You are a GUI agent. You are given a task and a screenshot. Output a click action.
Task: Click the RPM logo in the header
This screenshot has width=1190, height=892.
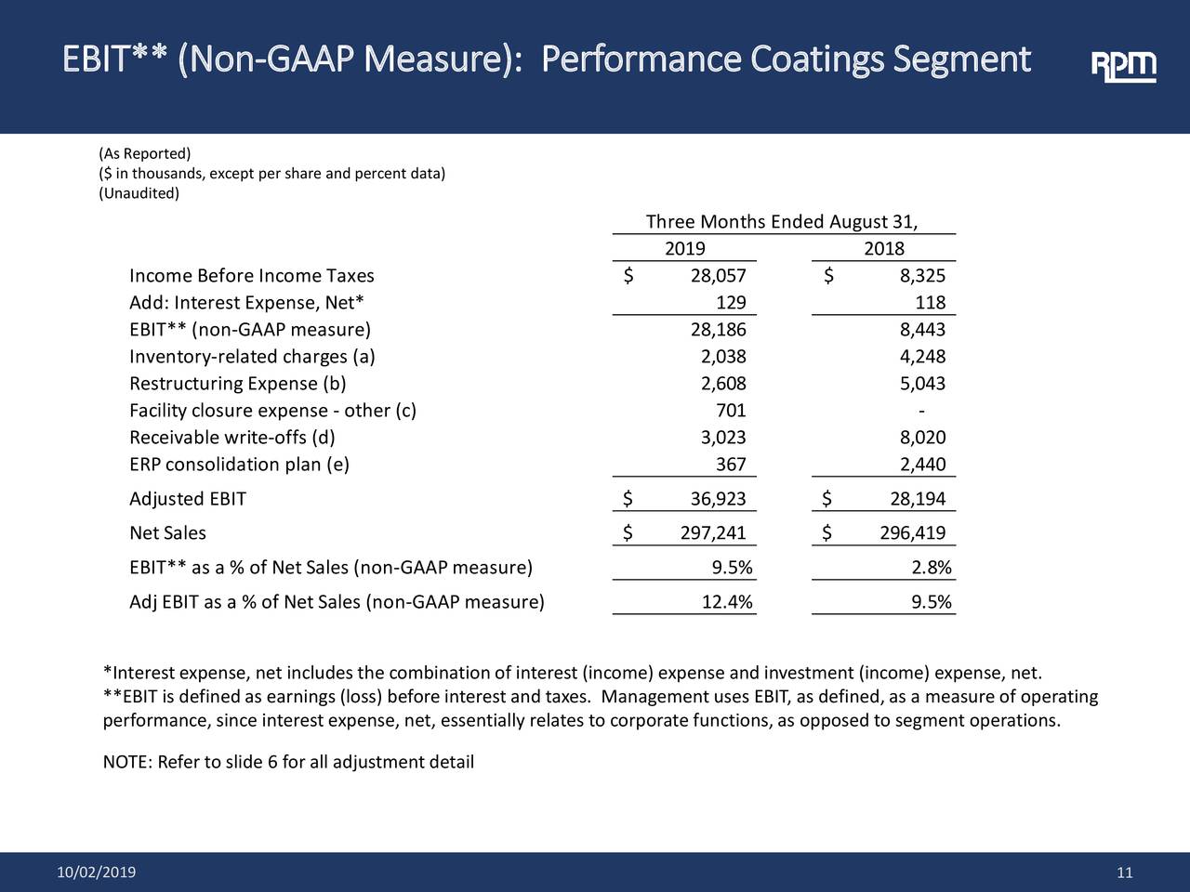click(1123, 66)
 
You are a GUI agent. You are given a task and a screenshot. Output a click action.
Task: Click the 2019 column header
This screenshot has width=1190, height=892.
click(684, 249)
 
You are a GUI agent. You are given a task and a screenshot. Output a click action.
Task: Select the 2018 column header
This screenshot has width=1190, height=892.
click(883, 249)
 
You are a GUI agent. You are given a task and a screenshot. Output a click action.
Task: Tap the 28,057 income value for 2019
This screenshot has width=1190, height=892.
click(718, 276)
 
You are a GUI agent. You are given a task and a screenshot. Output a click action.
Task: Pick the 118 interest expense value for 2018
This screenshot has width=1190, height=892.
click(930, 303)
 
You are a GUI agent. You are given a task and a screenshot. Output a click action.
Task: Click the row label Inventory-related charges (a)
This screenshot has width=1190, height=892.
click(252, 357)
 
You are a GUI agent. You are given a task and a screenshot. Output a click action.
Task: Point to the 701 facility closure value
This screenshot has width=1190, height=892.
click(731, 411)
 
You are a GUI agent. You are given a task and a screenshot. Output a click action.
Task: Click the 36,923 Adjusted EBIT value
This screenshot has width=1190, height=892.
click(718, 499)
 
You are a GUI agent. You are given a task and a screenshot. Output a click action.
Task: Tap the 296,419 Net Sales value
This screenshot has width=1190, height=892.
click(912, 532)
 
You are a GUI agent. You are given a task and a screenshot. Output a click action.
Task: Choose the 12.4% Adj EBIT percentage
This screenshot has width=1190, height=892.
click(727, 602)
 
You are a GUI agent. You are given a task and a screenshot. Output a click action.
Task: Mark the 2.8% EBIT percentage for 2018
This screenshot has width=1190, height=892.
click(932, 569)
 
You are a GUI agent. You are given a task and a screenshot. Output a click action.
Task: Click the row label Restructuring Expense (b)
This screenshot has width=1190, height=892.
click(238, 384)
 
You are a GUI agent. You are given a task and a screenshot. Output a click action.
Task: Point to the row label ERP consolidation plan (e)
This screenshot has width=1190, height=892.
click(239, 465)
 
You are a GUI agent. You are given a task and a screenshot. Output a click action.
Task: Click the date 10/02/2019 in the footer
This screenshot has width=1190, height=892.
click(96, 872)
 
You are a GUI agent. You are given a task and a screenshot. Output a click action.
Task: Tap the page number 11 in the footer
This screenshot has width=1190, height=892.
click(1125, 872)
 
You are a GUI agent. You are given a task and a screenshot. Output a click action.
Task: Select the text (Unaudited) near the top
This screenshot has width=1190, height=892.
click(139, 193)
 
